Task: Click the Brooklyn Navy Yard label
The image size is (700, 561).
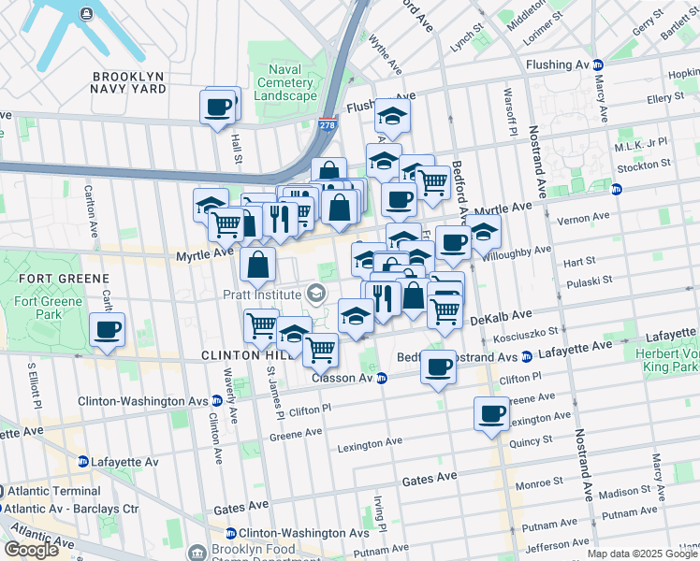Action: click(x=128, y=81)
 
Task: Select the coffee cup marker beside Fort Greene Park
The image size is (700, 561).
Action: click(x=108, y=330)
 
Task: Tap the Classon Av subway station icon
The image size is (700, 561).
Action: click(x=382, y=378)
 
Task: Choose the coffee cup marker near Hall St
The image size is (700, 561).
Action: click(x=218, y=107)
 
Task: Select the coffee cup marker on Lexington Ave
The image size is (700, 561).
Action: click(x=491, y=414)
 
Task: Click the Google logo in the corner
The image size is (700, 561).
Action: click(x=31, y=549)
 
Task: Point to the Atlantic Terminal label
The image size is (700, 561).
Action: click(x=55, y=491)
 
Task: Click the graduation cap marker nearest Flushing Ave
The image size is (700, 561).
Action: click(x=392, y=117)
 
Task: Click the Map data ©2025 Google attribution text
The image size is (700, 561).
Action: click(x=641, y=554)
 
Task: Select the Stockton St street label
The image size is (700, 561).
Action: click(x=645, y=165)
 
